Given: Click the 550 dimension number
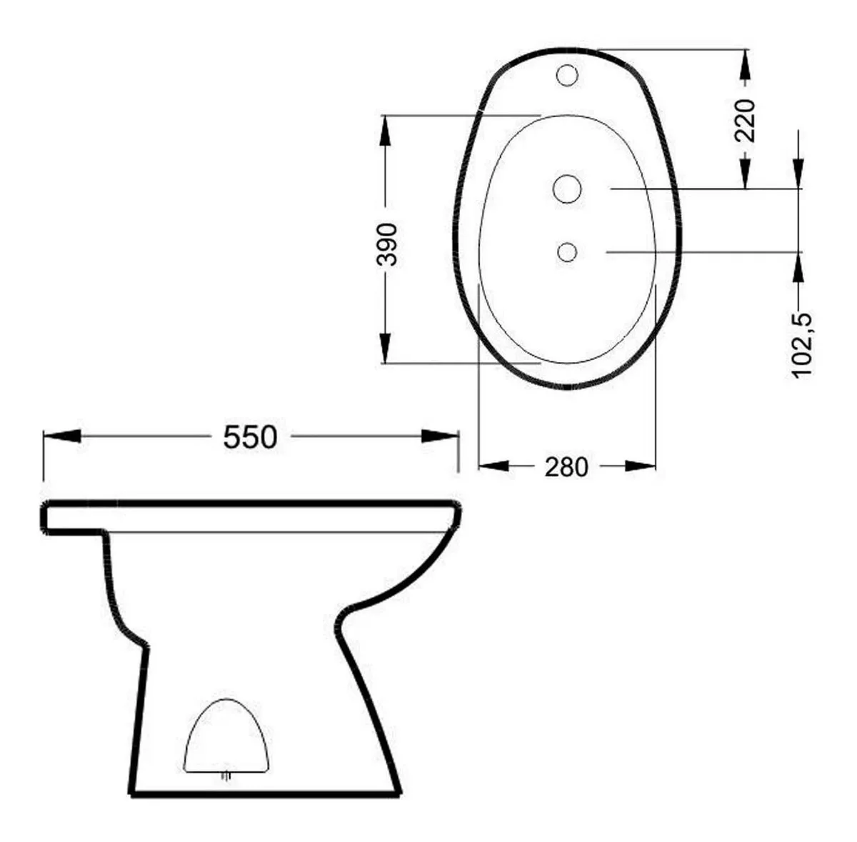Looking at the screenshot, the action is tap(250, 437).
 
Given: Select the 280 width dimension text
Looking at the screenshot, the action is tap(566, 467).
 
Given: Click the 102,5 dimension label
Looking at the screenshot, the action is tap(802, 346).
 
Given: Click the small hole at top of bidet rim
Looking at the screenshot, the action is tap(567, 76).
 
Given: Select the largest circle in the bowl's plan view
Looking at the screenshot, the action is tap(567, 189).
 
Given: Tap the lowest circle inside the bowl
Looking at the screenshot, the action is tap(567, 252).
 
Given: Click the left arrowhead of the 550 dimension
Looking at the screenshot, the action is tap(62, 436).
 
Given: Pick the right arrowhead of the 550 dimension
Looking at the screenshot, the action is tap(440, 436).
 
